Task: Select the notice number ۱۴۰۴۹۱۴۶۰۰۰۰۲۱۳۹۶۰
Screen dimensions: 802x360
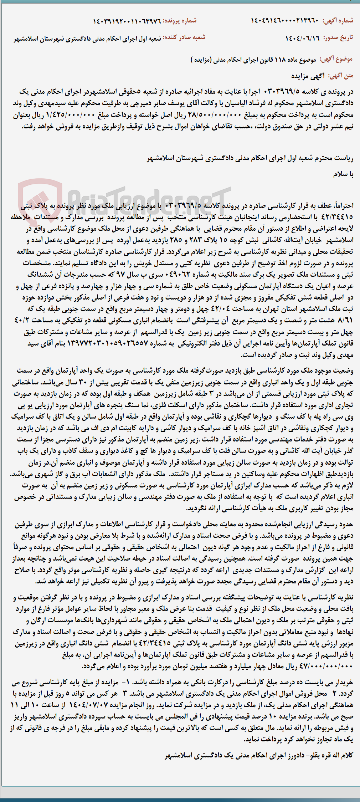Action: tap(284, 21)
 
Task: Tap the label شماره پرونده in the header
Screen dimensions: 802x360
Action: tap(180, 21)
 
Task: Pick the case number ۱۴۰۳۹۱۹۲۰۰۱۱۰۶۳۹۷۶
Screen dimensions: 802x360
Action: tap(127, 21)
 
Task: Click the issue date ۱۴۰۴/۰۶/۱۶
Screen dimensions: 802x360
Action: tap(303, 38)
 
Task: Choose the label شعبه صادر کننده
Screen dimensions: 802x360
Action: tap(184, 38)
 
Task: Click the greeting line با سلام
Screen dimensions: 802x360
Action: tap(343, 174)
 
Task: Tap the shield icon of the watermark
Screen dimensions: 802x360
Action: tap(40, 200)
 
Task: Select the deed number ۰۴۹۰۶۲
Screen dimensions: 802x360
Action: tap(176, 275)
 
